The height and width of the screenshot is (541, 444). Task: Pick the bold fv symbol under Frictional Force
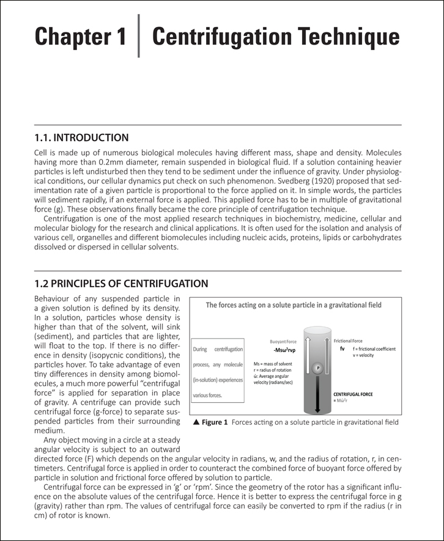coord(342,349)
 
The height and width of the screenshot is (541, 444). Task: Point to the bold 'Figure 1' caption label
coord(215,422)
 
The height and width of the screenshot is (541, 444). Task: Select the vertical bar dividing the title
coord(139,36)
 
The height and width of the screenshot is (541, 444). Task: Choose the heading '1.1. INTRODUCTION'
coord(82,138)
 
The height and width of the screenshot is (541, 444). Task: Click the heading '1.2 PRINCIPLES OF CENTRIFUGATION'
coord(121,284)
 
